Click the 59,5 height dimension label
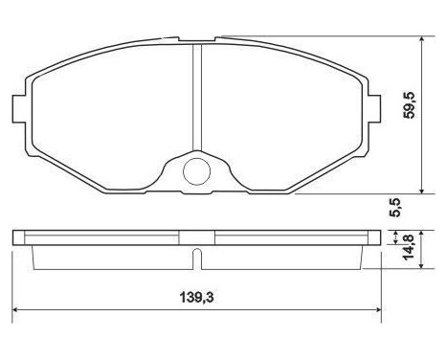tap(409, 105)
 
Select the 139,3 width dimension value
tap(196, 298)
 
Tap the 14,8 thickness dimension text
tap(408, 247)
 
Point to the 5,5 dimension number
tap(394, 208)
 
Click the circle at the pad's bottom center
tap(197, 171)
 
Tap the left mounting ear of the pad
tap(19, 108)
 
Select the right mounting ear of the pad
tap(374, 108)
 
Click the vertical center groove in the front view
tap(197, 98)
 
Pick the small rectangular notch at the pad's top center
tap(197, 39)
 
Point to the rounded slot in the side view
tap(197, 259)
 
